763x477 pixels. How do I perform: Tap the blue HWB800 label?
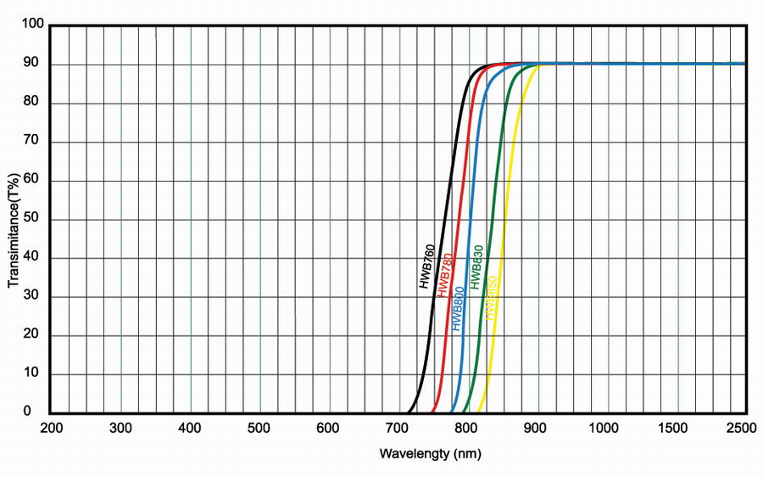click(459, 309)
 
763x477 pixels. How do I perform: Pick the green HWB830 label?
click(476, 267)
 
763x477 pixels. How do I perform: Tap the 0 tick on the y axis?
click(39, 412)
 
